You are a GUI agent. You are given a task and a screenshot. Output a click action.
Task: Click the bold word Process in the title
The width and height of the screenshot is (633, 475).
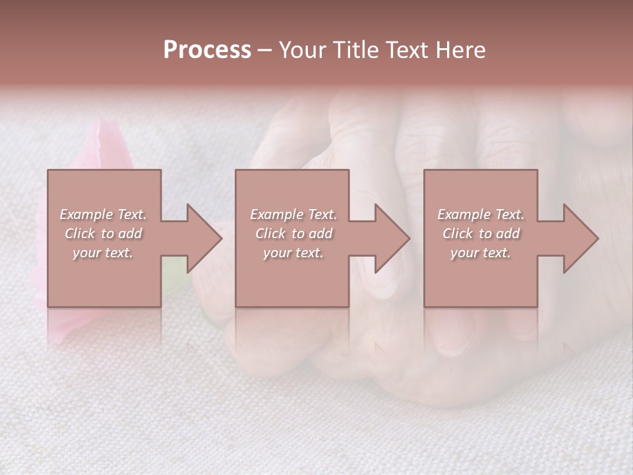click(207, 50)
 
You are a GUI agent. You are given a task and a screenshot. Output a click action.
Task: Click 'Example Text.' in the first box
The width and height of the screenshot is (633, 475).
click(103, 214)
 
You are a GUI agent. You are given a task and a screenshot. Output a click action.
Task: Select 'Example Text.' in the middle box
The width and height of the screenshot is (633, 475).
click(293, 214)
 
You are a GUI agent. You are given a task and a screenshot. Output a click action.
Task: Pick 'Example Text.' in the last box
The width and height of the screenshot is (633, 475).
click(481, 214)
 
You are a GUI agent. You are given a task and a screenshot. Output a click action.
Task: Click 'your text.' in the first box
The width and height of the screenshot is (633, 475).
click(103, 253)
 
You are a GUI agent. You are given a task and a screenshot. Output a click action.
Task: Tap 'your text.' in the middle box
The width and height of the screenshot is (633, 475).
click(293, 253)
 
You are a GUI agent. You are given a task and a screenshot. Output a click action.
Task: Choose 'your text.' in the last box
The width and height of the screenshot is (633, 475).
click(481, 253)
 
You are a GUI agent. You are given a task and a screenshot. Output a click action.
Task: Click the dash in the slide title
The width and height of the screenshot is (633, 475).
click(264, 50)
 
